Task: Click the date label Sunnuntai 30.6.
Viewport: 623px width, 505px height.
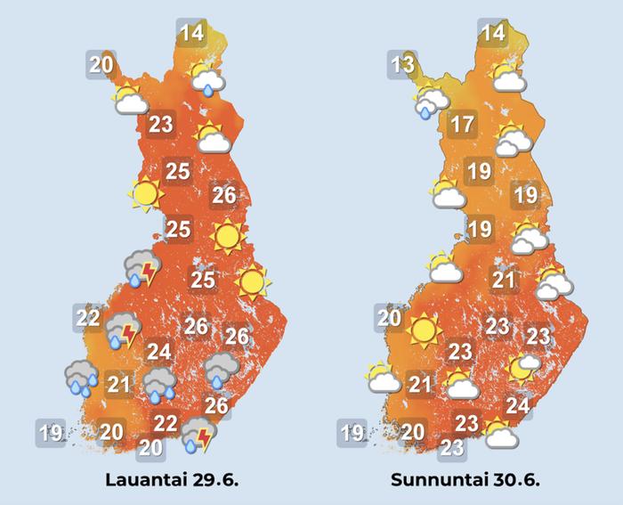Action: [x=465, y=480]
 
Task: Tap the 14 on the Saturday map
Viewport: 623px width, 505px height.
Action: [x=191, y=35]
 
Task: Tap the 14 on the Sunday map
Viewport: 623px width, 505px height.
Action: [x=492, y=35]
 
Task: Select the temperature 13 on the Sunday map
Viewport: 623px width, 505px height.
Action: [x=402, y=64]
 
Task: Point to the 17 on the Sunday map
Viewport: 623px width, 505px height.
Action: [x=462, y=124]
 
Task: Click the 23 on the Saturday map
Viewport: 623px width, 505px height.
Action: [x=160, y=124]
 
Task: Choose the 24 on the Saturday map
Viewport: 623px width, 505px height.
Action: [x=159, y=352]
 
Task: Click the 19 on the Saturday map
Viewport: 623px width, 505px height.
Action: [x=50, y=434]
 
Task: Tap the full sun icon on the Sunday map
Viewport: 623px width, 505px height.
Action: [x=423, y=330]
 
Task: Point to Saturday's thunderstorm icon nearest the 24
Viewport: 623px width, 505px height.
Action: [x=123, y=330]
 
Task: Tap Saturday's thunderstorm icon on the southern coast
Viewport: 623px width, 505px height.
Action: [x=198, y=437]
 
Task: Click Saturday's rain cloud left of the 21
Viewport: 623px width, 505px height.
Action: [x=82, y=378]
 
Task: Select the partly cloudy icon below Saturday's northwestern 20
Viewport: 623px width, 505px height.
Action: [x=131, y=99]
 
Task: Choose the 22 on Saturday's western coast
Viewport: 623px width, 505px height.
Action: [x=87, y=317]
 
